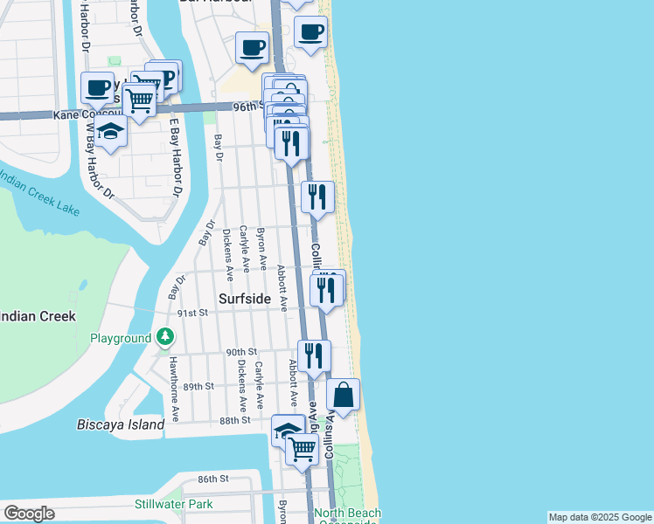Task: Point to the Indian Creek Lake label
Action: pyautogui.click(x=39, y=195)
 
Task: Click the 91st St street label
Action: pyautogui.click(x=191, y=313)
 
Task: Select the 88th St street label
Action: pyautogui.click(x=235, y=420)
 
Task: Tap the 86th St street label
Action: pyautogui.click(x=212, y=479)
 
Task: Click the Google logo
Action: pyautogui.click(x=29, y=514)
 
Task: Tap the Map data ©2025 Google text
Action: pyautogui.click(x=600, y=517)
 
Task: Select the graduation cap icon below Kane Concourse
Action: pyautogui.click(x=111, y=132)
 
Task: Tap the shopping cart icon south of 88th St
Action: pyautogui.click(x=302, y=450)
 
